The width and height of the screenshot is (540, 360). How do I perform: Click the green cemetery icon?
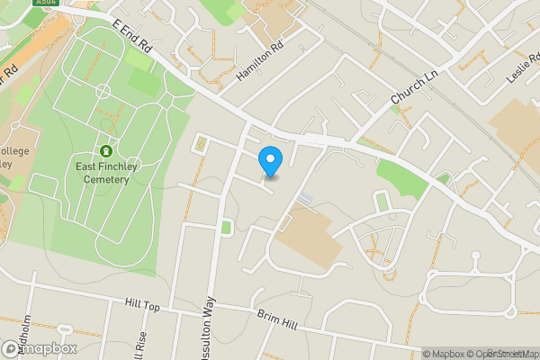[x=106, y=151]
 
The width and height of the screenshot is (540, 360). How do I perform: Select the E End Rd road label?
[x=130, y=40]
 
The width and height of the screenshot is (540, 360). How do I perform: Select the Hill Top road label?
[x=142, y=307]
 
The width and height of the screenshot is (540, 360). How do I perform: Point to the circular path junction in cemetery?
[x=103, y=91]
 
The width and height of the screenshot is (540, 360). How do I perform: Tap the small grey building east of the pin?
[x=307, y=197]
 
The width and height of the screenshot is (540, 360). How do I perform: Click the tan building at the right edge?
[x=517, y=126]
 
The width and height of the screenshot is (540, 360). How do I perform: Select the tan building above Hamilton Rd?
[x=271, y=27]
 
